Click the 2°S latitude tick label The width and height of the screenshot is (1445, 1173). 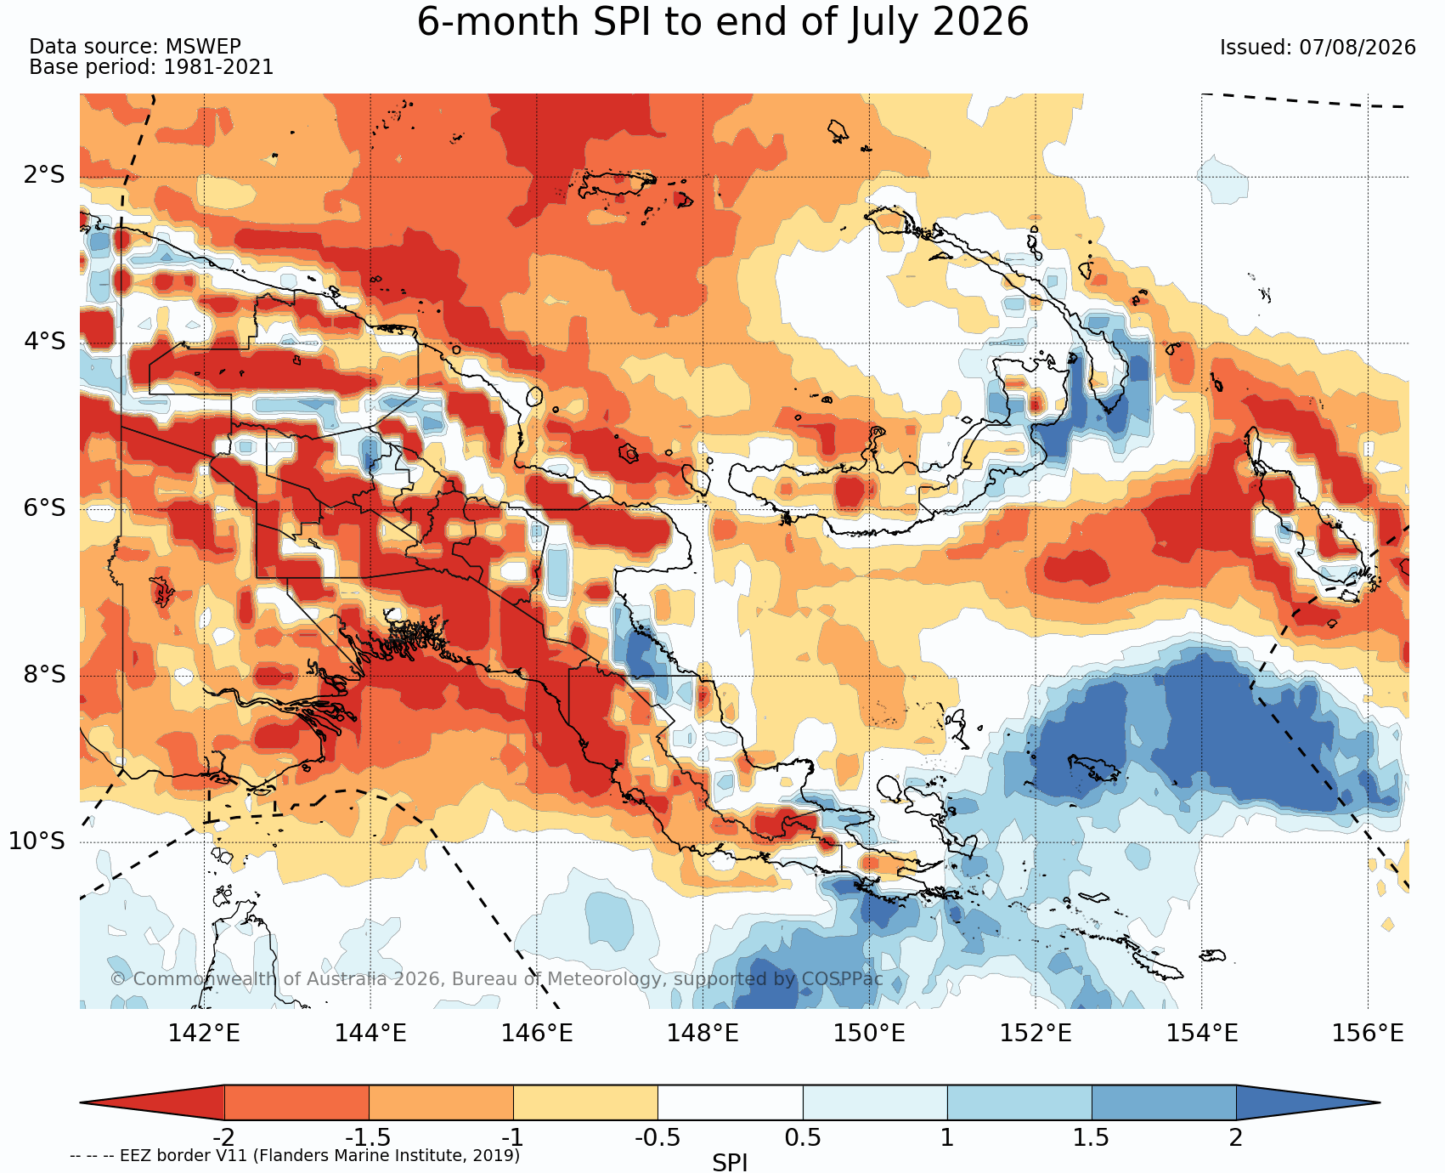tap(44, 176)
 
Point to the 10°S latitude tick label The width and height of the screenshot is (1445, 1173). tap(37, 841)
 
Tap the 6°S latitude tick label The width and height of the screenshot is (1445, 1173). tap(44, 508)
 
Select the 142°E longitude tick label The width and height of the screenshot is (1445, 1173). tap(204, 1034)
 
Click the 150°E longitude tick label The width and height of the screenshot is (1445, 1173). tap(869, 1034)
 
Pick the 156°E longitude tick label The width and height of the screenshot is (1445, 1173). tap(1368, 1034)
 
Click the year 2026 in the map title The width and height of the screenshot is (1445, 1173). tap(980, 21)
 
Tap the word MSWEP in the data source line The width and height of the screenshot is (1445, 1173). tap(203, 47)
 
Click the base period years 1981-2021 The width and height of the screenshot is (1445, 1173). tap(218, 67)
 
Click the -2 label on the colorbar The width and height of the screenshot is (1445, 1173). tap(223, 1137)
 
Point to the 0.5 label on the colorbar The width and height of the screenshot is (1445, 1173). tap(803, 1137)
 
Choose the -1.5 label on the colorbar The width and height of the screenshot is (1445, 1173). tap(368, 1137)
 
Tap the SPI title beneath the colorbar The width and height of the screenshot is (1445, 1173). tap(730, 1162)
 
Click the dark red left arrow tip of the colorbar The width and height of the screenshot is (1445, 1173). tap(82, 1102)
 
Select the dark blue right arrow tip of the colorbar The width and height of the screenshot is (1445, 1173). tap(1378, 1102)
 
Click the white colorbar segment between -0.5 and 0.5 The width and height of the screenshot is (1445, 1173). tap(731, 1102)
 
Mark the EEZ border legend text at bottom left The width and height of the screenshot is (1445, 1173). tap(295, 1155)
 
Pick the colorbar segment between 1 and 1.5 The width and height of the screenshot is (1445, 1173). tap(1019, 1102)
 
